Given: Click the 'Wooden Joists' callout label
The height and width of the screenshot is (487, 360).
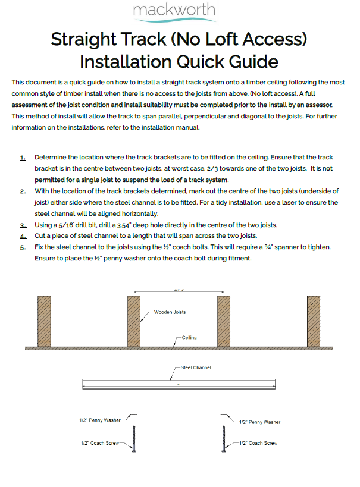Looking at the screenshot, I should tap(171, 312).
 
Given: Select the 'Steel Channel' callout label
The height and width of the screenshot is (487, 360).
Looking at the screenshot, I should tap(195, 368).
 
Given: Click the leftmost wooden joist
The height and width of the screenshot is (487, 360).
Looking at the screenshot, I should tap(45, 321).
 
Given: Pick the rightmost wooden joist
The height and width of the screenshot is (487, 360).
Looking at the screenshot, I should tap(314, 321).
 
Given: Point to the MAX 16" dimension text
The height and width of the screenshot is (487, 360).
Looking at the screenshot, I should tap(180, 290).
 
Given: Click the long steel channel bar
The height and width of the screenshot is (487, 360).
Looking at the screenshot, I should tap(179, 385).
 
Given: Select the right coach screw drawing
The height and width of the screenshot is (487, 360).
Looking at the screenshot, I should tap(224, 440).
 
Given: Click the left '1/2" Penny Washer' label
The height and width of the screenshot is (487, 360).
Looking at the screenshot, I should tap(100, 420).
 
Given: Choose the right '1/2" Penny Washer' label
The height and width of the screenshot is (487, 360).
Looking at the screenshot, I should tap(259, 422).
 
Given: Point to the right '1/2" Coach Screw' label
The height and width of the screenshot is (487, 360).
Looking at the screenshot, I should tap(258, 443).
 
